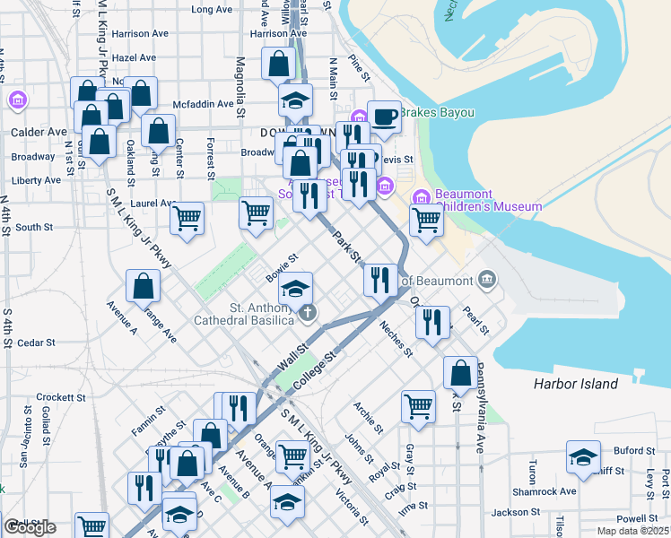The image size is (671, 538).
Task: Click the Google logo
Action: tap(30, 527)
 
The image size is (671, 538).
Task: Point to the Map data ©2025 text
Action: tap(632, 530)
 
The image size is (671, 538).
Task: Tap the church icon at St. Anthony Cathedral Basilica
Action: tap(308, 313)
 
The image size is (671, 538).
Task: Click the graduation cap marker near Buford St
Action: tap(583, 458)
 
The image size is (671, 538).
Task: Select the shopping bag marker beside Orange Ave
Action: tap(144, 286)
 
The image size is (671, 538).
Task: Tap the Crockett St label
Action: tap(61, 397)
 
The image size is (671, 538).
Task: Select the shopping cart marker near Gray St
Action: tap(418, 406)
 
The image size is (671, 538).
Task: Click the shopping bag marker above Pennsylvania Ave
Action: tap(460, 372)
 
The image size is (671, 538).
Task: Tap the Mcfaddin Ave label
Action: tap(203, 104)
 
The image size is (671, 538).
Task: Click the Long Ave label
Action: tap(212, 10)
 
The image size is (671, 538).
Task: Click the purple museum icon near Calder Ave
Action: tap(16, 100)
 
